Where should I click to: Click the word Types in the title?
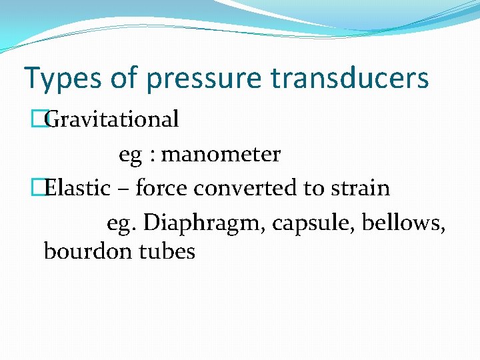point(62,79)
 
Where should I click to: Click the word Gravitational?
point(113,119)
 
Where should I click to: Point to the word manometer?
point(221,155)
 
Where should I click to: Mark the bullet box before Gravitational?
point(45,119)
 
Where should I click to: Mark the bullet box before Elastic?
point(45,188)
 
